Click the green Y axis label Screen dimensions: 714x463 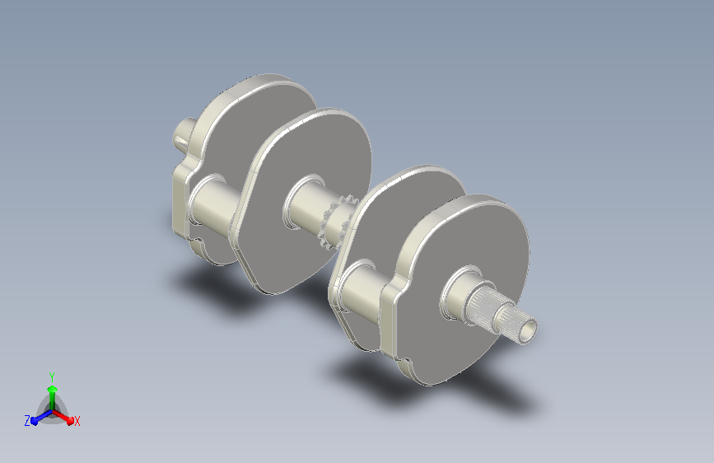pyautogui.click(x=52, y=377)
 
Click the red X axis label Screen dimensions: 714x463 pyautogui.click(x=77, y=422)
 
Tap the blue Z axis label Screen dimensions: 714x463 pyautogui.click(x=27, y=421)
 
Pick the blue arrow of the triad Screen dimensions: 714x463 pyautogui.click(x=42, y=416)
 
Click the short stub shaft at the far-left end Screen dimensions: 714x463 pyautogui.click(x=183, y=135)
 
